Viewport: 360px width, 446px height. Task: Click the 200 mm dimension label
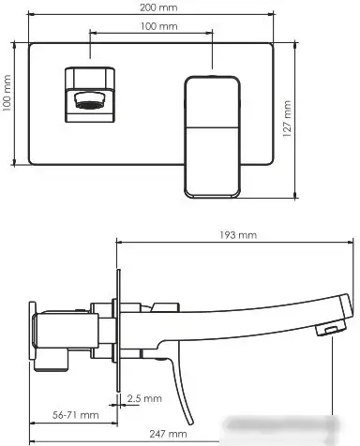click(150, 7)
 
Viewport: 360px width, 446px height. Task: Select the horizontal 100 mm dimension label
click(150, 27)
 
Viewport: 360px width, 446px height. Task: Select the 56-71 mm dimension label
click(76, 413)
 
